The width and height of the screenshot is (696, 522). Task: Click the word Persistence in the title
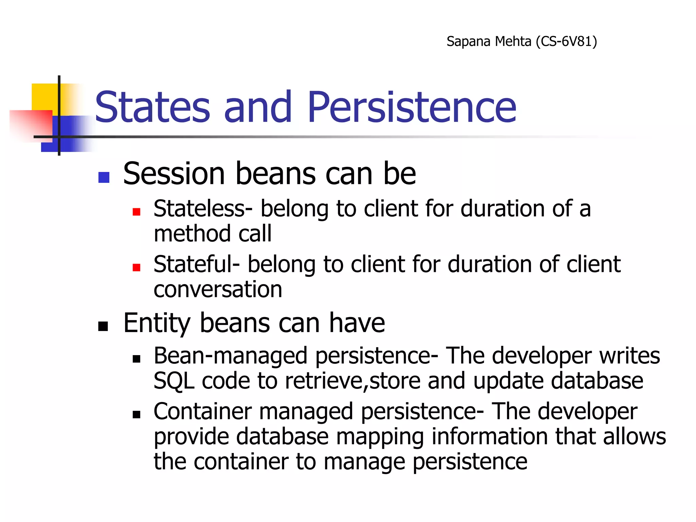pyautogui.click(x=412, y=107)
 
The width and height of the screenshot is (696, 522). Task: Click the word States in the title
pyautogui.click(x=153, y=107)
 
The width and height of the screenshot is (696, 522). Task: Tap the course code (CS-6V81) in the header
pyautogui.click(x=566, y=41)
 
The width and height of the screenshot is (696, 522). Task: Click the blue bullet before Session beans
pyautogui.click(x=104, y=177)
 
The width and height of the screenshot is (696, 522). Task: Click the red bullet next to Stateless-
pyautogui.click(x=137, y=212)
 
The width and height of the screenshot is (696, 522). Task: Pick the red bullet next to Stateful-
pyautogui.click(x=137, y=267)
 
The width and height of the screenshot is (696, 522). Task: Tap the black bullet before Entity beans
pyautogui.click(x=103, y=326)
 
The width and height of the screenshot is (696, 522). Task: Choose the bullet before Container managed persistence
pyautogui.click(x=137, y=415)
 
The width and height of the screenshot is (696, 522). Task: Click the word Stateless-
pyautogui.click(x=203, y=208)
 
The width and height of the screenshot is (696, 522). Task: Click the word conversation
pyautogui.click(x=218, y=289)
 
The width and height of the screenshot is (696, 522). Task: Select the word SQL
pyautogui.click(x=174, y=381)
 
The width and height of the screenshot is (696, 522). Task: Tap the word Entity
pyautogui.click(x=157, y=323)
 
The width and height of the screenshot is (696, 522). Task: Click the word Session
pyautogui.click(x=174, y=174)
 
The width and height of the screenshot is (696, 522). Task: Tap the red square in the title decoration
pyautogui.click(x=31, y=124)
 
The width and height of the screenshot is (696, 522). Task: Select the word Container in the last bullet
pyautogui.click(x=202, y=411)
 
